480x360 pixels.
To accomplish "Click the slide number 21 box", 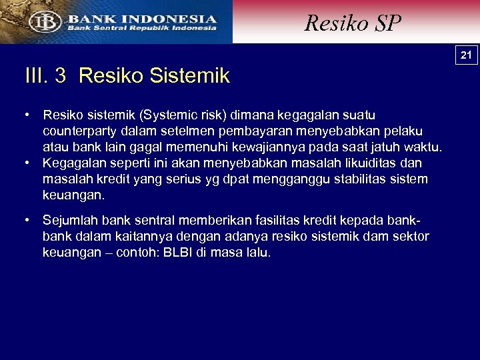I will pyautogui.click(x=467, y=55).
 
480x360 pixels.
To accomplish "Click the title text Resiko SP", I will pyautogui.click(x=353, y=23).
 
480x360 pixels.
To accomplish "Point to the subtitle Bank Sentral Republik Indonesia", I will pyautogui.click(x=141, y=29).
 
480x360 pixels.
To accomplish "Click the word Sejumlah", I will pyautogui.click(x=68, y=221).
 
